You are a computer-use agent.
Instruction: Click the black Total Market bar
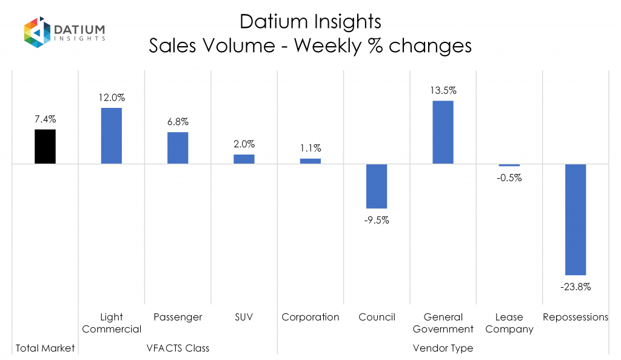pyautogui.click(x=45, y=147)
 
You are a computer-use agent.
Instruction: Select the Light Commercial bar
pyautogui.click(x=112, y=136)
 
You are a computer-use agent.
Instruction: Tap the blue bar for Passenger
pyautogui.click(x=178, y=148)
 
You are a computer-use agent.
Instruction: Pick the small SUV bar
pyautogui.click(x=244, y=159)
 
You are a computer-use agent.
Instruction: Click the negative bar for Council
pyautogui.click(x=377, y=186)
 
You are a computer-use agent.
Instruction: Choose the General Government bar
pyautogui.click(x=443, y=132)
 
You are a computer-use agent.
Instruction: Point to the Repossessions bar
pyautogui.click(x=576, y=219)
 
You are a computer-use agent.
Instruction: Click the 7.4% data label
pyautogui.click(x=45, y=120)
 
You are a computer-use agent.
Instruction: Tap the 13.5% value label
pyautogui.click(x=443, y=91)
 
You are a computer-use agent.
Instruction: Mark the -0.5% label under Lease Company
pyautogui.click(x=509, y=178)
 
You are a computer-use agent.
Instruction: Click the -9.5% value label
pyautogui.click(x=377, y=220)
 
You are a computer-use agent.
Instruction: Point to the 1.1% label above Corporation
pyautogui.click(x=310, y=148)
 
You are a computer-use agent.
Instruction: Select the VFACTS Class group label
pyautogui.click(x=178, y=348)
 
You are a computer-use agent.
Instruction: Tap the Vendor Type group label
pyautogui.click(x=443, y=348)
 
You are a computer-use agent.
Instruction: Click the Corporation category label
pyautogui.click(x=310, y=317)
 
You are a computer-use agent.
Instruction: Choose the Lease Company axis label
pyautogui.click(x=509, y=323)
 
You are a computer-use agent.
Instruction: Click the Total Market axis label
pyautogui.click(x=45, y=348)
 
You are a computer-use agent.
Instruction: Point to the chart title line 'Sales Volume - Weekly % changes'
pyautogui.click(x=310, y=46)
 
